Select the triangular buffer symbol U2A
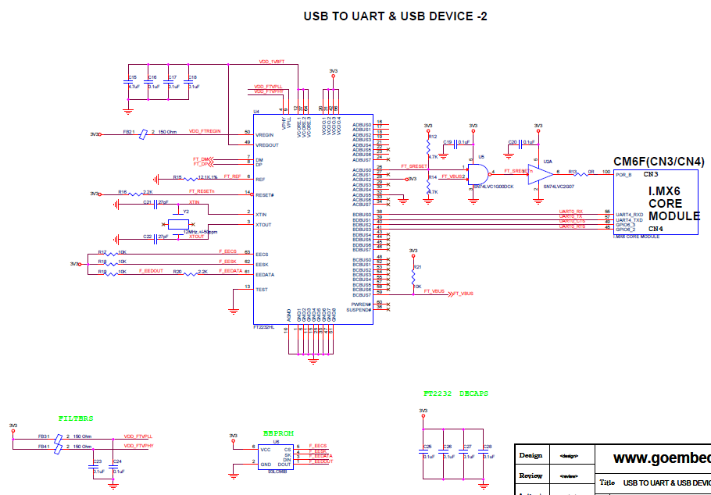click(539, 173)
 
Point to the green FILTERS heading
click(76, 418)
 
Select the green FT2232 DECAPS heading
click(456, 394)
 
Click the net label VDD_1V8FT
click(272, 61)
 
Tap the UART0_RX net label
click(570, 211)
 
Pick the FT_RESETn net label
click(202, 191)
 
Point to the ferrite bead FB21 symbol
click(142, 134)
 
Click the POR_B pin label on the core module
click(623, 175)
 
